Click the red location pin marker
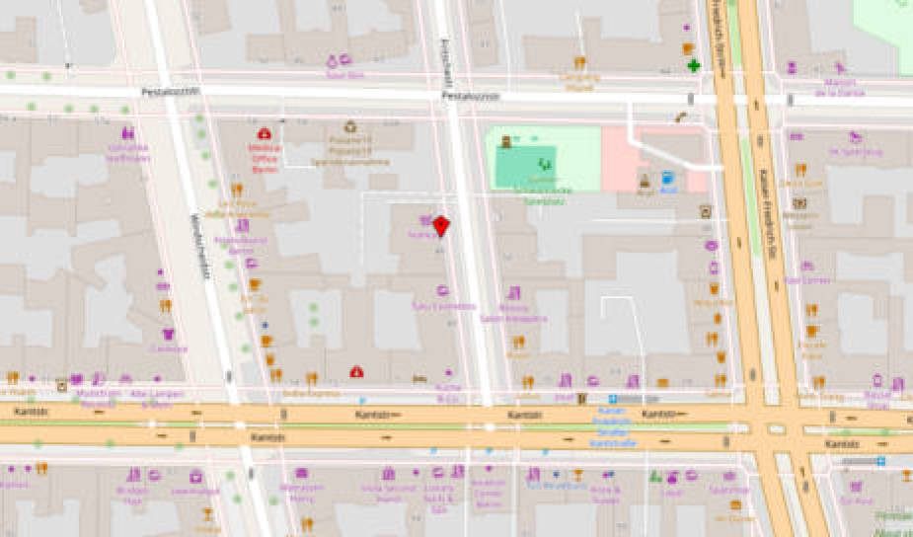(x=441, y=225)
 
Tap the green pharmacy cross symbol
(x=694, y=66)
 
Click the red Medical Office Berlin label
(x=265, y=157)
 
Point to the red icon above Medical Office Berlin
(x=265, y=133)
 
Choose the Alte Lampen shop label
(x=150, y=398)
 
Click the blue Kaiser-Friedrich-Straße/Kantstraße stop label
(x=613, y=425)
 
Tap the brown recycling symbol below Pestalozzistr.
(x=349, y=126)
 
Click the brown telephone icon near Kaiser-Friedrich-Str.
(x=681, y=116)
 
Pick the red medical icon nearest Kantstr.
(x=356, y=371)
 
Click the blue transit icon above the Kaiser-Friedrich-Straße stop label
(x=612, y=399)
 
